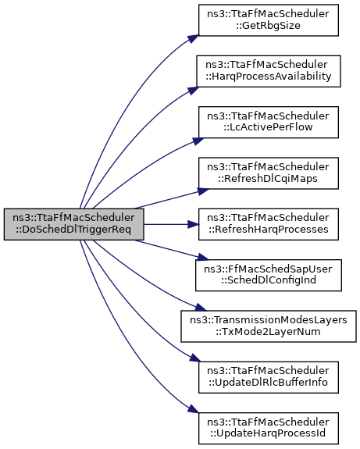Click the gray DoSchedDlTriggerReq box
pyautogui.click(x=73, y=225)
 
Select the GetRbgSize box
pyautogui.click(x=269, y=20)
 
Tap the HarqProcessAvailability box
pyautogui.click(x=269, y=71)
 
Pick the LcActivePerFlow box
pyautogui.click(x=269, y=123)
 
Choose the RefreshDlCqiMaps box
pyautogui.click(x=269, y=173)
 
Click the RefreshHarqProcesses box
pyautogui.click(x=269, y=224)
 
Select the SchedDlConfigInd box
pyautogui.click(x=269, y=275)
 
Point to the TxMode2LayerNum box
pyautogui.click(x=269, y=326)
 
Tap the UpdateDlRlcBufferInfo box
pyautogui.click(x=269, y=377)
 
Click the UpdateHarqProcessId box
pyautogui.click(x=269, y=429)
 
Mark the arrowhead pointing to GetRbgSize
pyautogui.click(x=194, y=39)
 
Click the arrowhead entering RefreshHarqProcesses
pyautogui.click(x=194, y=225)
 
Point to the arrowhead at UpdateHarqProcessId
pyautogui.click(x=194, y=409)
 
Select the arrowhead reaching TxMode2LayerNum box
pyautogui.click(x=201, y=308)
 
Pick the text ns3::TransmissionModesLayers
pyautogui.click(x=269, y=320)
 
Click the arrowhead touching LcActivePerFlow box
pyautogui.click(x=198, y=141)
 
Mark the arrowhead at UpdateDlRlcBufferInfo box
pyautogui.click(x=194, y=358)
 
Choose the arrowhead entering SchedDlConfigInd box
pyautogui.click(x=203, y=257)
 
